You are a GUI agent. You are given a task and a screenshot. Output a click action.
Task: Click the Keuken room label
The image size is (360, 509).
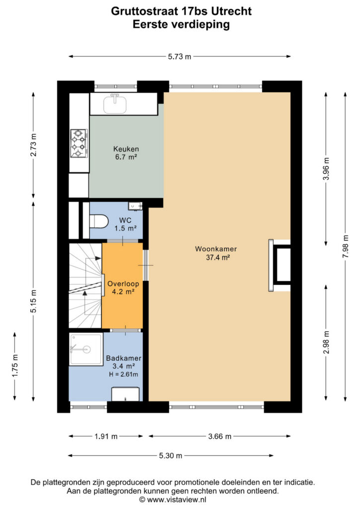126,149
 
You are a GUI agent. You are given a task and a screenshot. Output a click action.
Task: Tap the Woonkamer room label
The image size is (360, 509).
216,249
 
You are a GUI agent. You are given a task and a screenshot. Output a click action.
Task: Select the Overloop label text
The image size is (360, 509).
123,284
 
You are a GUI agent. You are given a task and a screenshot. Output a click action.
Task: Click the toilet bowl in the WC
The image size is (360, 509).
98,222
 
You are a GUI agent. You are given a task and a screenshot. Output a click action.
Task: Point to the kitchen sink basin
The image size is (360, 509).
115,104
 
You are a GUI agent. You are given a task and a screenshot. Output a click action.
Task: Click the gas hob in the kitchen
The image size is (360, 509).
79,143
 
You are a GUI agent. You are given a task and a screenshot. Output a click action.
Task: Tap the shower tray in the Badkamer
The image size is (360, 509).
86,349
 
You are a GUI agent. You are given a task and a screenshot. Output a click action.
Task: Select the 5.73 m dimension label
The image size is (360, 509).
180,57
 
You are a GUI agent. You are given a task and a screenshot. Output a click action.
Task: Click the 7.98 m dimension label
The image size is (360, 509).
346,247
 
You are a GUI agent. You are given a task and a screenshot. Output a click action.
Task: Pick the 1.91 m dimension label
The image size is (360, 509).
106,436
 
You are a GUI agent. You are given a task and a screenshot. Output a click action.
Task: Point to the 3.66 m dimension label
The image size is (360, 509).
220,436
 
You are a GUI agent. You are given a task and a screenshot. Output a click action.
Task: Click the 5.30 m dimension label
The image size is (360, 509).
171,456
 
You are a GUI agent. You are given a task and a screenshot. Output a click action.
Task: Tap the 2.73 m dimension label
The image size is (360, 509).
33,145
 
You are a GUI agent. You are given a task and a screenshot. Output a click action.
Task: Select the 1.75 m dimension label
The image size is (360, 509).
15,366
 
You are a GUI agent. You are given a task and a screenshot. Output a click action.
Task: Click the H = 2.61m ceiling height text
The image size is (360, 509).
123,374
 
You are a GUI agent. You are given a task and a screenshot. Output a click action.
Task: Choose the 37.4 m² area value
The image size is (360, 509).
218,257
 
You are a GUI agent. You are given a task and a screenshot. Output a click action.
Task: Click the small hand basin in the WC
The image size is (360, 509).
135,206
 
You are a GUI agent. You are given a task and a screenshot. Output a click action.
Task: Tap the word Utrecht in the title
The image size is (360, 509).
231,11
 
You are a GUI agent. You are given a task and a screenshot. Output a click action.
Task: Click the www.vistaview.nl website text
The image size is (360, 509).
177,500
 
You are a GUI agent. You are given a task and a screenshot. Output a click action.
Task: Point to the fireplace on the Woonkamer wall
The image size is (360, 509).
279,265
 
